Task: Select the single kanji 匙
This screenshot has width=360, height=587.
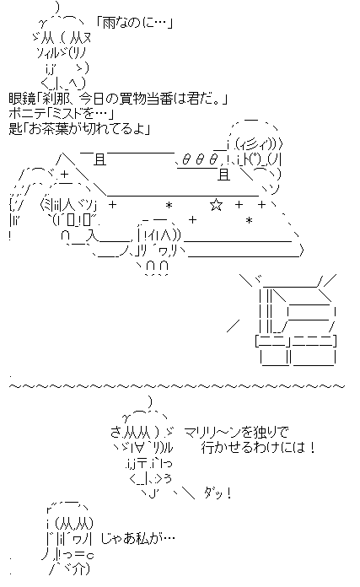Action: (15, 128)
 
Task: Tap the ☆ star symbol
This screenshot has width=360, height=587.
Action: (216, 205)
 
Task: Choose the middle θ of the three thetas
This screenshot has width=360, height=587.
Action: (200, 160)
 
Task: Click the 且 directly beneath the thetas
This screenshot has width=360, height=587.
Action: (223, 175)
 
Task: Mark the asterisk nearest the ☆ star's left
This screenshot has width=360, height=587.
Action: (169, 206)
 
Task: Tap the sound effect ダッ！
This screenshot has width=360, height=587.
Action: (218, 493)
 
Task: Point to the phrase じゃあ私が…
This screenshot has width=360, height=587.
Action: (137, 539)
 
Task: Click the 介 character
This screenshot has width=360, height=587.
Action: (78, 569)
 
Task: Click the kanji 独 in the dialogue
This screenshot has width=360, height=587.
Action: (257, 433)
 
